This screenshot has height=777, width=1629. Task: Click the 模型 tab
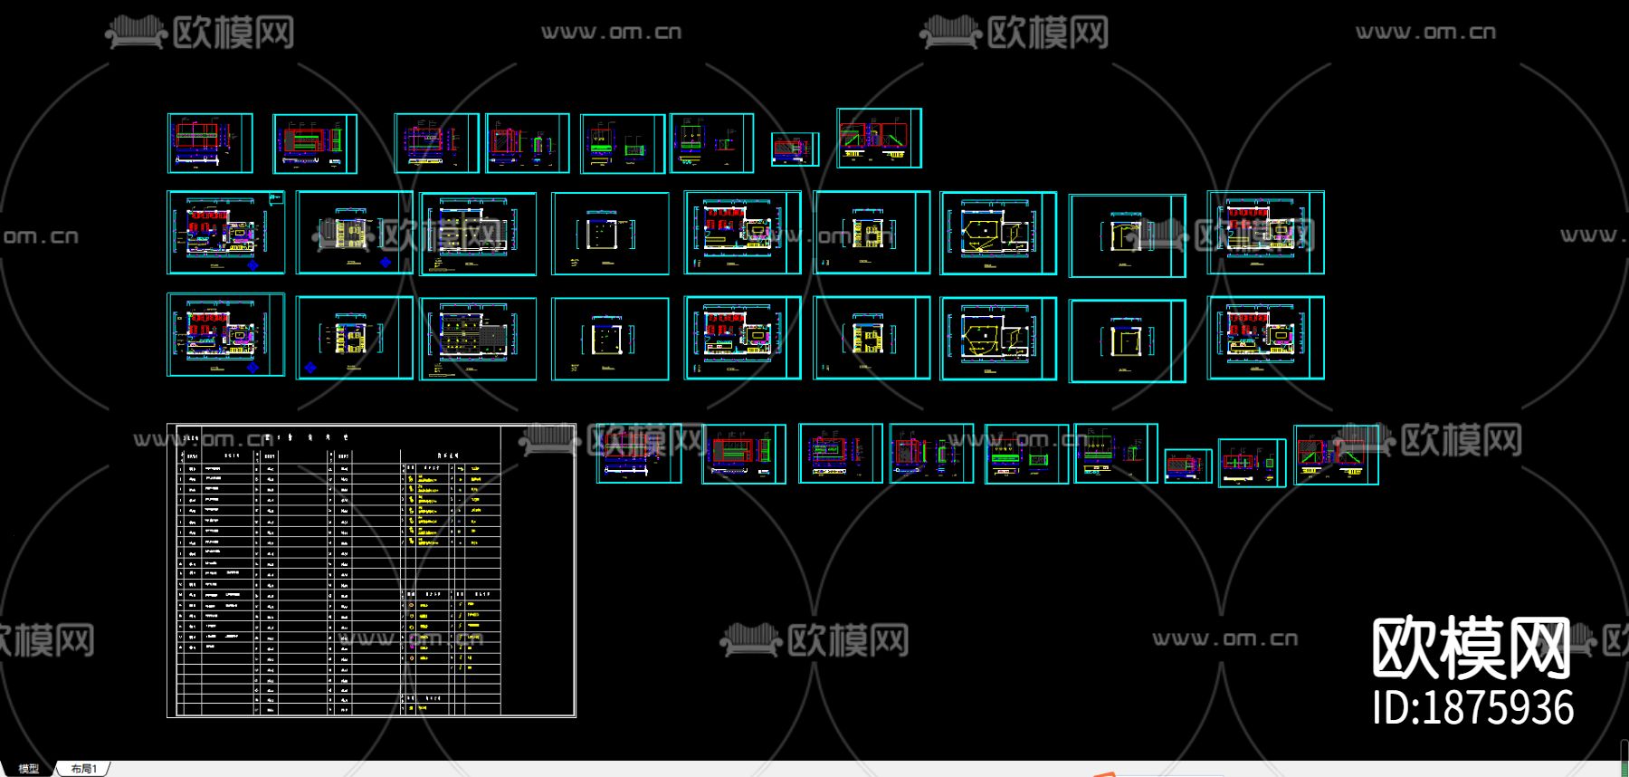coord(28,769)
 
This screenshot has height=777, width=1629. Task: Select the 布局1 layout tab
coord(83,769)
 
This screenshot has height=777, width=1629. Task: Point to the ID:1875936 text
coord(1472,708)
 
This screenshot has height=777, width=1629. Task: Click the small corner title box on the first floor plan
coord(277,197)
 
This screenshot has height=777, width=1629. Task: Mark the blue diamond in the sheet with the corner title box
coord(252,265)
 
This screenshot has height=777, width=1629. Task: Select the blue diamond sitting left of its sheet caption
coord(310,368)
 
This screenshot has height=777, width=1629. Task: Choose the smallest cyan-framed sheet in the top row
coord(795,149)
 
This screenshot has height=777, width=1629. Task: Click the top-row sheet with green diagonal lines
coord(879,138)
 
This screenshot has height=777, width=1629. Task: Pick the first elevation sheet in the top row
coord(210,142)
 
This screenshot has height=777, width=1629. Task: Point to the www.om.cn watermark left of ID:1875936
coord(1224,638)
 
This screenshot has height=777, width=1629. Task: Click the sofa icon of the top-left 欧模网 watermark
coord(136,34)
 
